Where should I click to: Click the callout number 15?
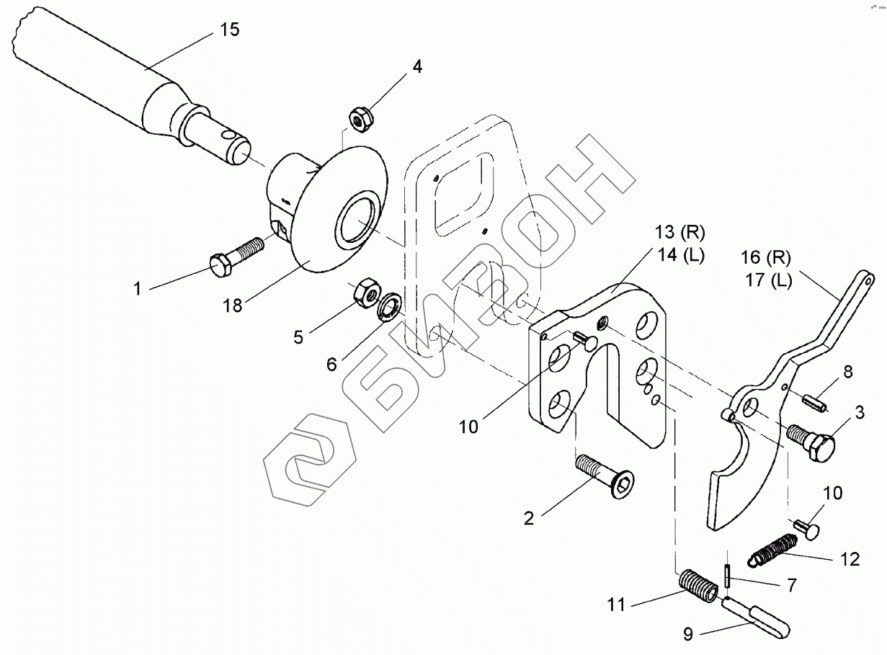click(x=229, y=30)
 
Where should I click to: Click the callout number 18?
click(x=233, y=305)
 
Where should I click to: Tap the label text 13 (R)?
click(x=679, y=233)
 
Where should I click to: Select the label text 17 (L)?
click(x=767, y=280)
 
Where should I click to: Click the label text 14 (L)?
click(x=679, y=254)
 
